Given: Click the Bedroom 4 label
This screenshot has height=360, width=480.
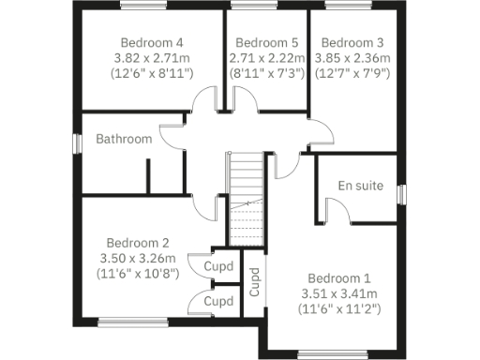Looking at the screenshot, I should point(151,42).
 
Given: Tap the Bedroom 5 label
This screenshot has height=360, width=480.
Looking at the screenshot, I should point(266,42).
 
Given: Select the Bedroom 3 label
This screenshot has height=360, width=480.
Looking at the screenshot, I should point(352,42).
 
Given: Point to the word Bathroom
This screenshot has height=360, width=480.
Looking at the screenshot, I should point(124,139).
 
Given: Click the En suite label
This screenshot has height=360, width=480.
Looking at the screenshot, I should point(361,186).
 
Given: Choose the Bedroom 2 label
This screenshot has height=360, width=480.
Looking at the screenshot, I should point(137,241).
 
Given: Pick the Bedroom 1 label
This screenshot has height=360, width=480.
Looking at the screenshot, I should point(339,278).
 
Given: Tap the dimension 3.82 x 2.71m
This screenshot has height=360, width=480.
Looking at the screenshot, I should point(151,57).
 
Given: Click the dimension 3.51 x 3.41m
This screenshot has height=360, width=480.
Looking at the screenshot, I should point(339,293).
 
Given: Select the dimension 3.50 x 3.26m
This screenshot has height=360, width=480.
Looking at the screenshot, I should point(137,256).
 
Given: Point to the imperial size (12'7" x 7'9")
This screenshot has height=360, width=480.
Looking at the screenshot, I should point(352,72).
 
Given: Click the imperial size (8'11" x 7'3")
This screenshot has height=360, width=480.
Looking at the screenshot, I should point(266,72).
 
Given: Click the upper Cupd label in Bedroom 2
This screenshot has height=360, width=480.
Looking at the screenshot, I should point(218,266).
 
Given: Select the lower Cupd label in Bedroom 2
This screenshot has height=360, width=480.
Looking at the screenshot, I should point(218,302).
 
